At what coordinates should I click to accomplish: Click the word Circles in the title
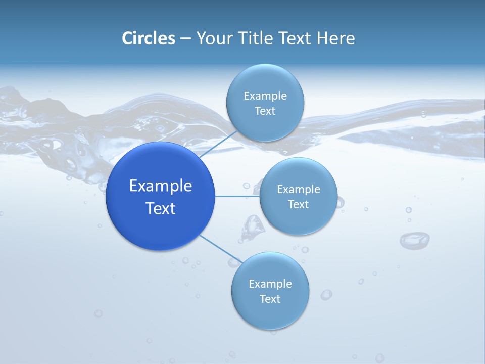click(149, 38)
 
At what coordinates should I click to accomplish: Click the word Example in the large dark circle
click(161, 186)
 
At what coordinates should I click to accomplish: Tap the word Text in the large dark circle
click(161, 208)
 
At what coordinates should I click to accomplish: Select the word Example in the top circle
click(265, 96)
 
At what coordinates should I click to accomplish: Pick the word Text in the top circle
click(265, 111)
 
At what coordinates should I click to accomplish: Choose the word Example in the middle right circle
click(299, 190)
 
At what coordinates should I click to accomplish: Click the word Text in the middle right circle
click(298, 205)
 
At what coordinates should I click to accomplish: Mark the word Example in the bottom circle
click(270, 284)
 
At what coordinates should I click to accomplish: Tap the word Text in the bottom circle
click(270, 299)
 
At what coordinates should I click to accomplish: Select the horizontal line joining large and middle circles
click(237, 196)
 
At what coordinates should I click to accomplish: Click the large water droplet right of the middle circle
click(414, 240)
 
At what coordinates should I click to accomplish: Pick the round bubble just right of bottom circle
click(326, 294)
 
